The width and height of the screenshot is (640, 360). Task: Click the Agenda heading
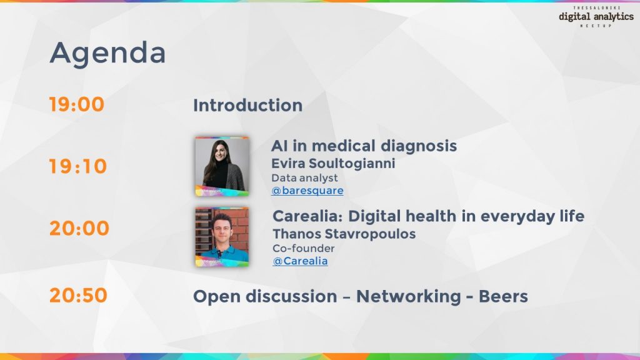click(107, 54)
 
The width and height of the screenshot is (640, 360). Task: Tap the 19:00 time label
click(77, 104)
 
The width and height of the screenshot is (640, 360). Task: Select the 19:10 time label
click(78, 167)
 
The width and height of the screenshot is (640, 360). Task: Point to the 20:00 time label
click(79, 228)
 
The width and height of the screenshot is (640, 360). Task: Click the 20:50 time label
click(78, 295)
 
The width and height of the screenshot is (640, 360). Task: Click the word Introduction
click(247, 106)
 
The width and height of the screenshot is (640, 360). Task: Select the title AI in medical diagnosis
click(364, 146)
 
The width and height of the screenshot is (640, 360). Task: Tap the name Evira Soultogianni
click(333, 164)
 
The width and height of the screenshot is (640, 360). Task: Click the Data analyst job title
click(304, 178)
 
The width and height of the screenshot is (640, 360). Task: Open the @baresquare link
click(307, 191)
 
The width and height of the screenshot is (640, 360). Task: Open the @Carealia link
click(300, 261)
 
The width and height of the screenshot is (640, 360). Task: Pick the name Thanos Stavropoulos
click(344, 234)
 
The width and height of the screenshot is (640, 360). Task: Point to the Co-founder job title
click(303, 248)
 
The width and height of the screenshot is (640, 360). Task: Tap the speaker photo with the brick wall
click(222, 237)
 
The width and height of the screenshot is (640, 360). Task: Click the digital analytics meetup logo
click(596, 17)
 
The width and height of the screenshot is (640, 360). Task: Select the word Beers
click(503, 296)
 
